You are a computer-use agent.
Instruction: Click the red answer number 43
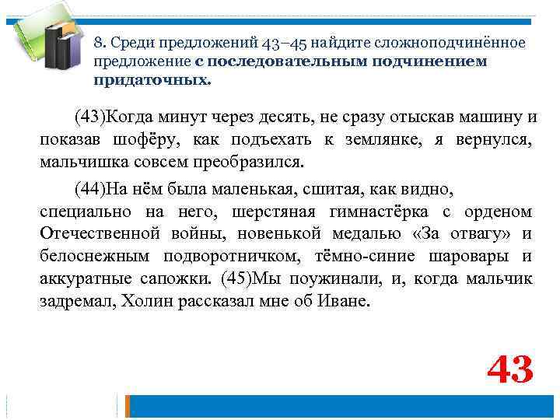(x=509, y=369)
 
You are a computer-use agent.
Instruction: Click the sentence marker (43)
(x=90, y=117)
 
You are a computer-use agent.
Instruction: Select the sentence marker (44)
(x=90, y=189)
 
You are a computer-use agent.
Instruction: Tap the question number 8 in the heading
(x=98, y=42)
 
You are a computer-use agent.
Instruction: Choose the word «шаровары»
(x=463, y=257)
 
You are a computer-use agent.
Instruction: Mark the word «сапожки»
(x=178, y=279)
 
